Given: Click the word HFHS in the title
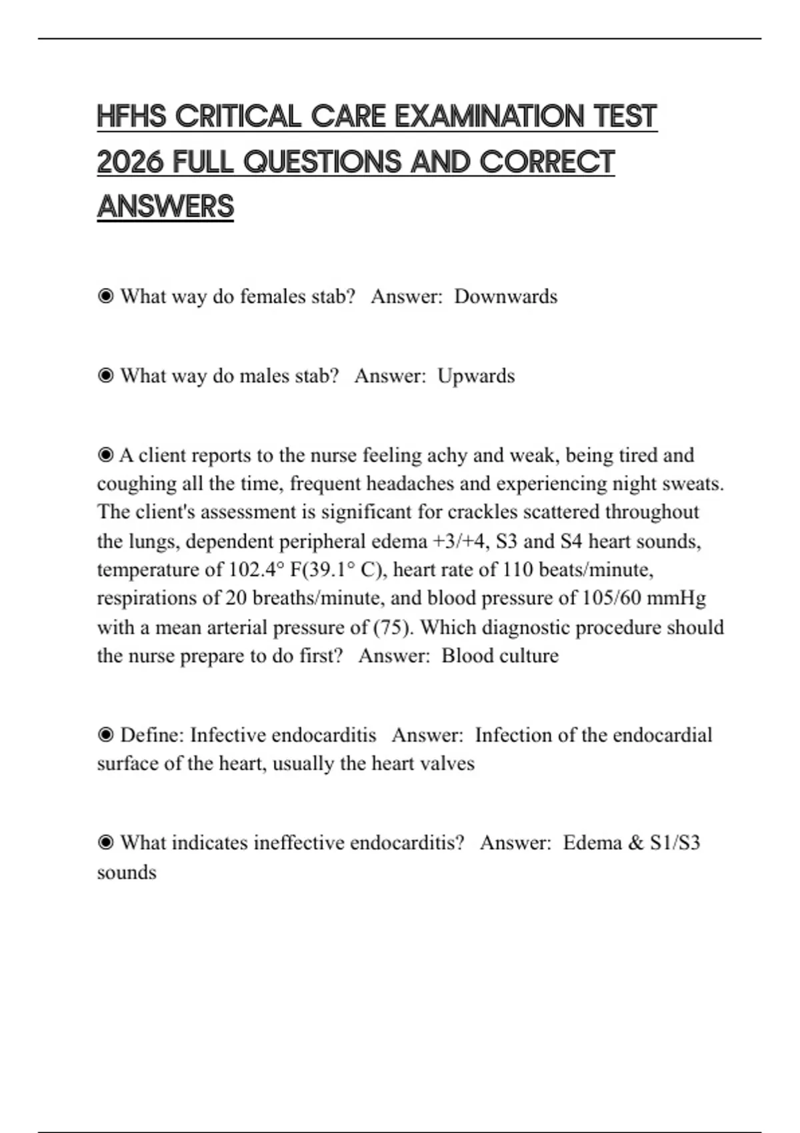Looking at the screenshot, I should pyautogui.click(x=131, y=117).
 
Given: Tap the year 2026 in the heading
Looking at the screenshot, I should pyautogui.click(x=131, y=162).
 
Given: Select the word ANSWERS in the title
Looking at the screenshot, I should pyautogui.click(x=165, y=207).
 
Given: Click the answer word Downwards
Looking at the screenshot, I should pyautogui.click(x=505, y=297).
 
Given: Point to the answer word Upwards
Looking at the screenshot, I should pyautogui.click(x=476, y=376).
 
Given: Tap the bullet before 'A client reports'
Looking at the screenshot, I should pyautogui.click(x=105, y=455).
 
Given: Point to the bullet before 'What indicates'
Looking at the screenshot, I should pyautogui.click(x=105, y=843).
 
